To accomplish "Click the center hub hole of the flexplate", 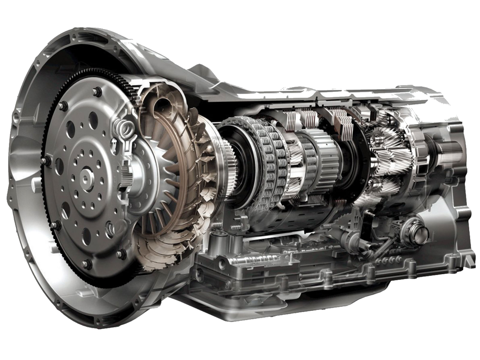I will (x=86, y=178).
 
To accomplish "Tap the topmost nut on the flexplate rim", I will (x=97, y=92).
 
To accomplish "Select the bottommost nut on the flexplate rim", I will (x=87, y=264).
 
